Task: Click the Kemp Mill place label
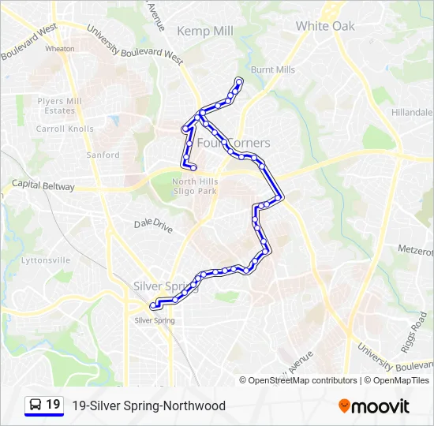click(x=205, y=31)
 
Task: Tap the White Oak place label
click(x=325, y=26)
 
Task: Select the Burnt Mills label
click(x=273, y=69)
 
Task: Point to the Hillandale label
click(x=412, y=113)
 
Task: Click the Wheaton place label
click(x=59, y=48)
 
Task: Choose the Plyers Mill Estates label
click(x=59, y=106)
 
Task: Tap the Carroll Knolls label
click(x=65, y=129)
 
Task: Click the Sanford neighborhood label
click(x=103, y=155)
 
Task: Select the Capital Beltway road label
click(x=43, y=186)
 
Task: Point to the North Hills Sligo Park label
click(x=195, y=186)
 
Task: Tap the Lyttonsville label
click(x=46, y=260)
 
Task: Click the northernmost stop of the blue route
click(x=239, y=80)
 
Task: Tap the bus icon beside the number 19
click(x=36, y=405)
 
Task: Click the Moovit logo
click(x=374, y=405)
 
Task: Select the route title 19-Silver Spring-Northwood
click(x=148, y=405)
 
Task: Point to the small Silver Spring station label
click(x=155, y=320)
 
